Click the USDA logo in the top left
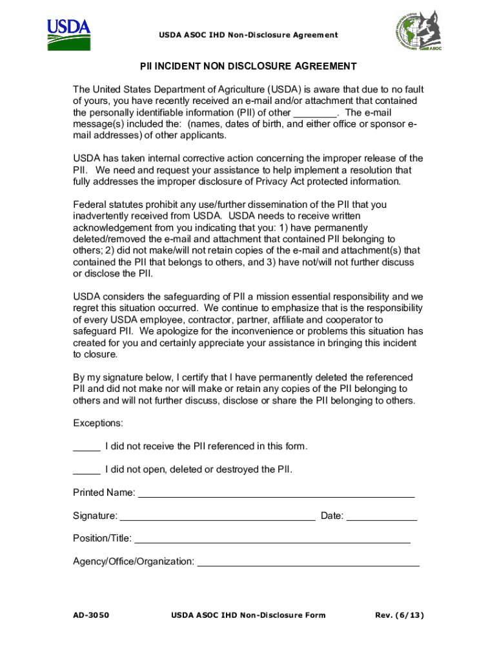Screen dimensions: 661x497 (x=69, y=35)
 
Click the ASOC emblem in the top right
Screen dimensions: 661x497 (x=418, y=32)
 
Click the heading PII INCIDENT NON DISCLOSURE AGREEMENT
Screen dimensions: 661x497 (x=249, y=66)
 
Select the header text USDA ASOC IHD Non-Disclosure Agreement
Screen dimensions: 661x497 (x=249, y=35)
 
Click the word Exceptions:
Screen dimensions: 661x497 (x=98, y=423)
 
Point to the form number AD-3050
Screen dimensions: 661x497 (x=91, y=615)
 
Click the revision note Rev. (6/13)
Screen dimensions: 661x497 (x=400, y=615)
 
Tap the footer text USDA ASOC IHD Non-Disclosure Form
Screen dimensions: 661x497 (x=249, y=615)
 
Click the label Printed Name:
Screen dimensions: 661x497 (x=104, y=493)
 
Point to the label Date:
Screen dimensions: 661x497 (x=332, y=516)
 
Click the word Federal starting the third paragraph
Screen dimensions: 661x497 (x=91, y=205)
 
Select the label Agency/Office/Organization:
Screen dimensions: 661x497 (x=134, y=562)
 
